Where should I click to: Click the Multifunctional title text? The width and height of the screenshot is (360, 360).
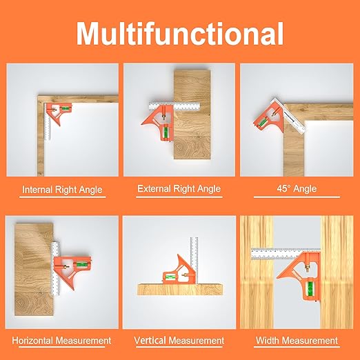179,32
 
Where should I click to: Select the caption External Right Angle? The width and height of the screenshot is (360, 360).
179,188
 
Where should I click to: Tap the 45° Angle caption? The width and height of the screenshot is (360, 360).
297,189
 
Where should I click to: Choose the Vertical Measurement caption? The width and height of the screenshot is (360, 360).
179,341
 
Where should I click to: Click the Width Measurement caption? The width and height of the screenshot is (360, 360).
297,341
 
